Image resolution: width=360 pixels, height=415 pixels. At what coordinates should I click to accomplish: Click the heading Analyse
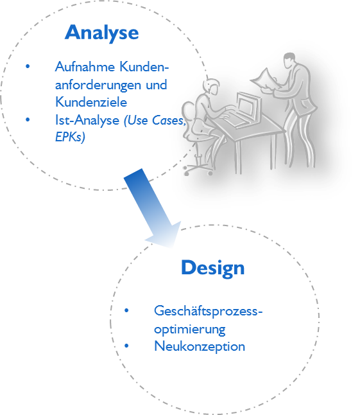[x=102, y=33]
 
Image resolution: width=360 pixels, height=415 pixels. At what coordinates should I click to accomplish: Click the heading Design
[x=213, y=268]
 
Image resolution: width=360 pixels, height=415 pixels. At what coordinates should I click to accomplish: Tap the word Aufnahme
[x=85, y=66]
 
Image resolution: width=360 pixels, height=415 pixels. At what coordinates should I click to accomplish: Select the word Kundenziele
[x=91, y=102]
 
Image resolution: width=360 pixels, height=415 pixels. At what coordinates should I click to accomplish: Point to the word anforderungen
[x=98, y=85]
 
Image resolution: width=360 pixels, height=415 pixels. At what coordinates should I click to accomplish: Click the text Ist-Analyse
[x=87, y=120]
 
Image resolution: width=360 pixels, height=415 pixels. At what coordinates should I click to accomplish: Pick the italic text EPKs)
[x=70, y=137]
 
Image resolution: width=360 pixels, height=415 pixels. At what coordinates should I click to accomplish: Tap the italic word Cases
[x=169, y=120]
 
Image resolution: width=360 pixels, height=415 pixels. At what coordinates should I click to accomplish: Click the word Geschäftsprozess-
[x=209, y=311]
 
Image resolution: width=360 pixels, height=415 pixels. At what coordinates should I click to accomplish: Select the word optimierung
[x=190, y=330]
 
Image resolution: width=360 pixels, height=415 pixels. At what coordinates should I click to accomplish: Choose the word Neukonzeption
[x=200, y=346]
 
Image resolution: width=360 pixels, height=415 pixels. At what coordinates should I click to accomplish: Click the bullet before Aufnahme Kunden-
[x=28, y=66]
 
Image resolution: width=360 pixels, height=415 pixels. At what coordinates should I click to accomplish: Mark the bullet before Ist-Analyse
[x=28, y=119]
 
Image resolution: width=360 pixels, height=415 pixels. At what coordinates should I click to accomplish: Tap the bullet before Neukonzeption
[x=126, y=346]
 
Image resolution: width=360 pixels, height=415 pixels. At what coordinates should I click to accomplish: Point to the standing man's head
[x=289, y=60]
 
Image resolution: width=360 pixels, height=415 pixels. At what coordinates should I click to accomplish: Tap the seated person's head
[x=212, y=87]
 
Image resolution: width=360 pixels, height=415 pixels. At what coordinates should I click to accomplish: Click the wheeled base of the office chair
[x=198, y=169]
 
